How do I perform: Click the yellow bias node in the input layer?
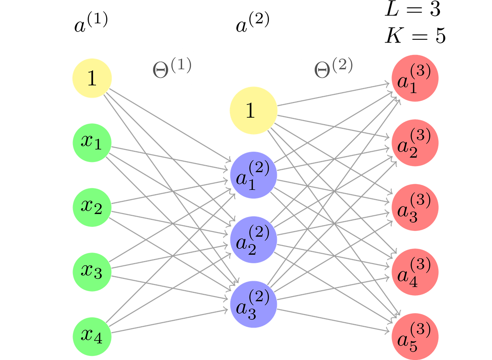coord(92,78)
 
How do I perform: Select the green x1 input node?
coord(92,143)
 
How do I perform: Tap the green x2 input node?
coord(92,207)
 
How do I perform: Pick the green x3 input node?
coord(92,272)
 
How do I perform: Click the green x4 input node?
coord(92,336)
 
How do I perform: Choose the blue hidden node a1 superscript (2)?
coord(253,175)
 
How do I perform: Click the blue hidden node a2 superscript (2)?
coord(253,239)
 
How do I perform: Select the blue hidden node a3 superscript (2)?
coord(253,304)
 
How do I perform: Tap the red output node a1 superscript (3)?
coord(415,78)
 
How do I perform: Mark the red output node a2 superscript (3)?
coord(415,143)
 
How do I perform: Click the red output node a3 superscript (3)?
coord(415,207)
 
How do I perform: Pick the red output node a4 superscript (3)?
coord(415,272)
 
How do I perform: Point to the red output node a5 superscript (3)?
coord(415,336)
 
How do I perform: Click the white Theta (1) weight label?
coord(173,67)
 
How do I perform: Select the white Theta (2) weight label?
coord(334,67)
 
